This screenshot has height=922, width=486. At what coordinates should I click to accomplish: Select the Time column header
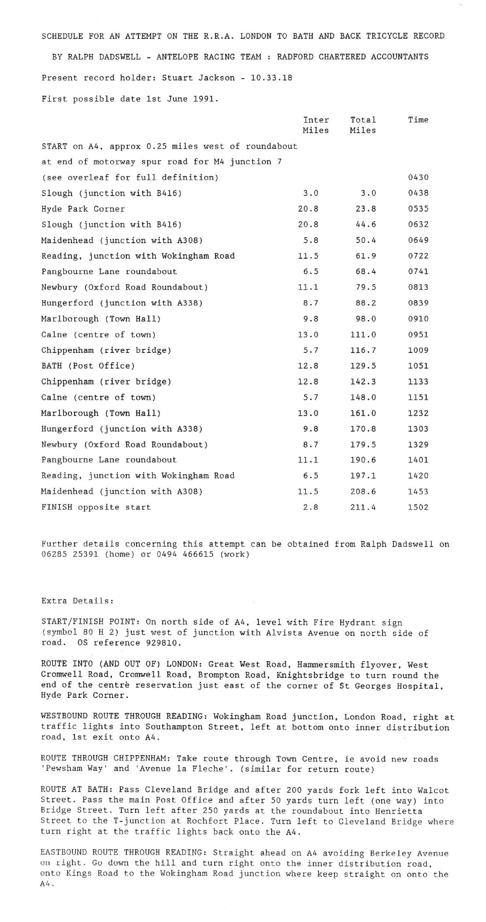pos(418,120)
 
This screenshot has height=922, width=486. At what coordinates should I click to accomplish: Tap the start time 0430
pos(418,177)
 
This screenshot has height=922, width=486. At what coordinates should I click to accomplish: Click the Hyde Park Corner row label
pos(83,209)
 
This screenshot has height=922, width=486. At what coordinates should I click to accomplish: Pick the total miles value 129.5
pos(363,366)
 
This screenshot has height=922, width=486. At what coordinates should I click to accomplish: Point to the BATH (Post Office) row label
pos(88,366)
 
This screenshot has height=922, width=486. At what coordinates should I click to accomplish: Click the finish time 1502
pos(418,507)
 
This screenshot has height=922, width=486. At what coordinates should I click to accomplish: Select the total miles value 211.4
pos(363,507)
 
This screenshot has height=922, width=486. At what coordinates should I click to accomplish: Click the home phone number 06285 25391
pos(70,555)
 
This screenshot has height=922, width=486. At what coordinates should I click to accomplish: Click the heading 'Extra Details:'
pos(77,601)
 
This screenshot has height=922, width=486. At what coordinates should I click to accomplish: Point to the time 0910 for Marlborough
pos(418,319)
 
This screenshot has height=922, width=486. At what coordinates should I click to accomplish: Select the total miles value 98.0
pos(365,319)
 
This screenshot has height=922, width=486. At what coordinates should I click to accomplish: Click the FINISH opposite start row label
pos(96,507)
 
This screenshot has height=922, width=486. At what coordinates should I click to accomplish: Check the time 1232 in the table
pos(418,413)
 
